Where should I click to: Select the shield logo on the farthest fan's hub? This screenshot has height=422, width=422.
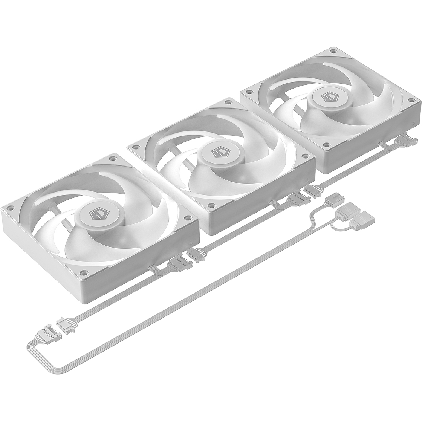pos(327,97)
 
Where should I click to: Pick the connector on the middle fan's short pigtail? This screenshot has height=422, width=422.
pos(298,197)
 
